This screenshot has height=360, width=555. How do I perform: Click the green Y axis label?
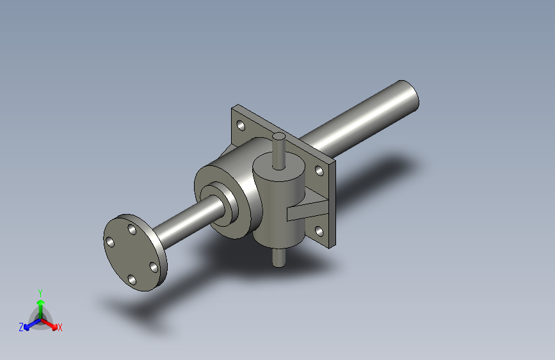pyautogui.click(x=40, y=292)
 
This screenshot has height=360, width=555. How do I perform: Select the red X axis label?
pyautogui.click(x=60, y=327)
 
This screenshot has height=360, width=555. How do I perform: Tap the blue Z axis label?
pyautogui.click(x=21, y=327)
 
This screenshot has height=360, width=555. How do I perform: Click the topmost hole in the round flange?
pyautogui.click(x=131, y=229)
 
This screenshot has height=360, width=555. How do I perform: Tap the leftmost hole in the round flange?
pyautogui.click(x=109, y=241)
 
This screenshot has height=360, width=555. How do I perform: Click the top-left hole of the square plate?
pyautogui.click(x=241, y=125)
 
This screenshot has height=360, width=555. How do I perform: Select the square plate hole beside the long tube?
pyautogui.click(x=318, y=171)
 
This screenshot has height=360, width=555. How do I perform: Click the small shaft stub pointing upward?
pyautogui.click(x=278, y=151)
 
